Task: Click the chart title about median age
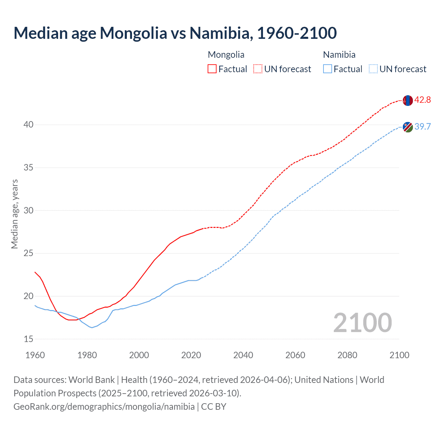point(175,33)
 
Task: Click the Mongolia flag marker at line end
point(407,100)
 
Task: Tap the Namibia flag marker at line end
point(408,127)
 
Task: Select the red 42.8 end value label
point(422,100)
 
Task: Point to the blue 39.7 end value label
point(422,126)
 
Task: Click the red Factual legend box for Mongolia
point(212,69)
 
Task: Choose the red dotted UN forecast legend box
point(258,69)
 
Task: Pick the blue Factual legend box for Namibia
point(328,69)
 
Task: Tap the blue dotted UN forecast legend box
point(373,69)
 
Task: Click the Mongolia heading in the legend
point(226,55)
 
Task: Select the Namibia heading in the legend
point(339,55)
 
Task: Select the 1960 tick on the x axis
point(35,355)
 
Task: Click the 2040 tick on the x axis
point(243,355)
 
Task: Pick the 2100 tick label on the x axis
point(399,355)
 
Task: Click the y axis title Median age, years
point(14,214)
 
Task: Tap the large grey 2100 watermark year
point(362,322)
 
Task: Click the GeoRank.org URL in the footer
point(104,407)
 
